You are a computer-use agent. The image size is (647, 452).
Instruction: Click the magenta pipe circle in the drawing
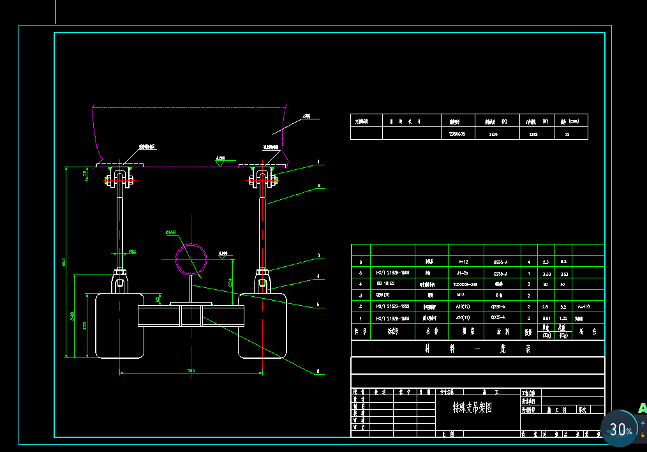click(x=191, y=259)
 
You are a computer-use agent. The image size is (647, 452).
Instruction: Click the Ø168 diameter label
click(x=170, y=233)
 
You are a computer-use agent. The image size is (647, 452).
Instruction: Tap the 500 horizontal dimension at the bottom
click(x=191, y=370)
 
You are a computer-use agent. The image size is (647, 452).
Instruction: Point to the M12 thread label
click(x=133, y=252)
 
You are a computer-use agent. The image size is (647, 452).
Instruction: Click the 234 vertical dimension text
click(x=230, y=281)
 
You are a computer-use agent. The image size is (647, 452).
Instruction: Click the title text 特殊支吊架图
click(x=472, y=407)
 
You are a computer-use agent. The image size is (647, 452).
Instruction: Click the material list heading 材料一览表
click(x=477, y=349)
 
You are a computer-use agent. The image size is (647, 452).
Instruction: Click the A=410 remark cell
click(x=583, y=306)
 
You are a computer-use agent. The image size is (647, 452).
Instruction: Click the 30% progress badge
click(x=620, y=430)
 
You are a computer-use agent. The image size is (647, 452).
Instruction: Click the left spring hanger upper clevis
click(x=119, y=176)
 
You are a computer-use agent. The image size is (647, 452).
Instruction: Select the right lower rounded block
click(x=264, y=326)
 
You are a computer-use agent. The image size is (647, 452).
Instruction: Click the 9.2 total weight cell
click(x=563, y=262)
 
